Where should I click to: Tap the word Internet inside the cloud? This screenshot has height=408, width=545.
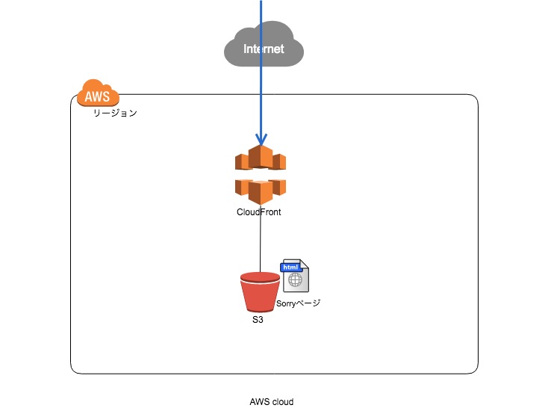click(x=264, y=49)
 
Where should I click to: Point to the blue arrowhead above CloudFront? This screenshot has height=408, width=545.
click(x=261, y=139)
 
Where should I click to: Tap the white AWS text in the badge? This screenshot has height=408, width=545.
click(x=97, y=97)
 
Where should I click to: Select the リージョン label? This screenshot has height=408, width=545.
click(x=114, y=114)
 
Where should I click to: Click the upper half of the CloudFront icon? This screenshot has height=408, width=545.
click(x=261, y=159)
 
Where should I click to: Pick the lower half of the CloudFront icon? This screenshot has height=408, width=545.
click(x=261, y=190)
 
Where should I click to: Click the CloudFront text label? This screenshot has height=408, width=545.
click(x=259, y=212)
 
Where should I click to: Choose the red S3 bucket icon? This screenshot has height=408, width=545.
click(x=260, y=294)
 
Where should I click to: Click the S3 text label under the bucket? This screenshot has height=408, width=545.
click(x=258, y=319)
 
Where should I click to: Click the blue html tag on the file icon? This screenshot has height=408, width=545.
click(x=290, y=267)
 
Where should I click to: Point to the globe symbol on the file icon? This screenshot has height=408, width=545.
click(x=296, y=281)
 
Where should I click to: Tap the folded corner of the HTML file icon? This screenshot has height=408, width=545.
click(x=304, y=267)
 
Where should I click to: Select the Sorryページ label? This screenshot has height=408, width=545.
click(x=298, y=304)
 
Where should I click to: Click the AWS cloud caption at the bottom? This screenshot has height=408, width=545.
click(x=272, y=401)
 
